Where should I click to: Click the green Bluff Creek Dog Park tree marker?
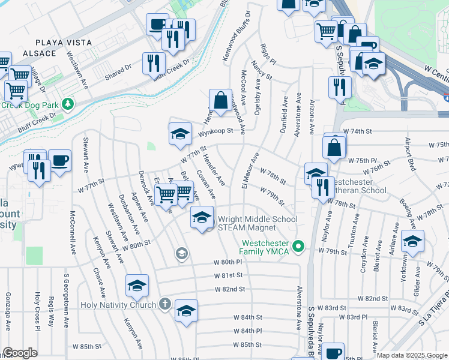tap(68, 104)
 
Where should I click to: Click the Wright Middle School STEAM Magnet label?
tap(258, 223)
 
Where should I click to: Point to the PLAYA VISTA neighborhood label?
tap(64, 43)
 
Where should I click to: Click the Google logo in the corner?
tap(20, 353)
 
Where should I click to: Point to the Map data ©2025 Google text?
tap(411, 355)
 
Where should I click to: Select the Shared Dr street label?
tap(117, 76)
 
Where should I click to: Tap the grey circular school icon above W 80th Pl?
tap(181, 254)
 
